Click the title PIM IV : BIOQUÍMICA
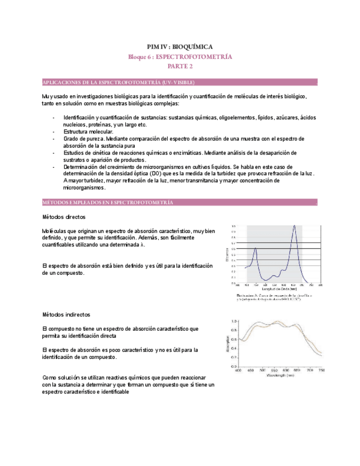(180, 47)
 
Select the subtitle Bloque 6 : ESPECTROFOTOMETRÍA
(180, 57)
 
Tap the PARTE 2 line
(180, 66)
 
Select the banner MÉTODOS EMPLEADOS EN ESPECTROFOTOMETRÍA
(108, 203)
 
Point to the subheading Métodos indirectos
(66, 315)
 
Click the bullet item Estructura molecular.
(88, 132)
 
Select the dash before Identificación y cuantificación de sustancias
(53, 118)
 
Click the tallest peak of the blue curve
(295, 225)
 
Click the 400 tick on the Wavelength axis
(238, 371)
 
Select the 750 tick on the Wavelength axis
(321, 371)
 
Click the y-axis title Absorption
(227, 343)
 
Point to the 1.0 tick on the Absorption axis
(234, 321)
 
